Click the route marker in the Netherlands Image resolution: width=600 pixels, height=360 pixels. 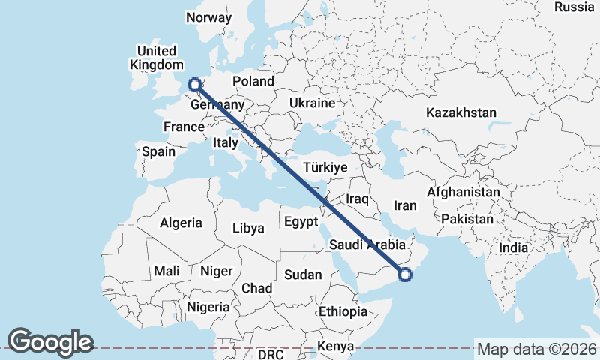click(195, 85)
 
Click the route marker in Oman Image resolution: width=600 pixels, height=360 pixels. click(405, 274)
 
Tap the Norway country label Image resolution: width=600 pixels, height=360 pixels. click(209, 18)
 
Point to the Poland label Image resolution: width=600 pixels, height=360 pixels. click(253, 81)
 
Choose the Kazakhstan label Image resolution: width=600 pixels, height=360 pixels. click(461, 113)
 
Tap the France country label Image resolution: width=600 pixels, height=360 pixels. click(184, 127)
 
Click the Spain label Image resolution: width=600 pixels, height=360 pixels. click(158, 151)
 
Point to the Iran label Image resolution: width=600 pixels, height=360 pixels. click(405, 205)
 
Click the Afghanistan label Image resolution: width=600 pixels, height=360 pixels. click(463, 193)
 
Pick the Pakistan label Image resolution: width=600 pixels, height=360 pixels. click(467, 219)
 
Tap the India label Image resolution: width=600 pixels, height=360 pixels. click(514, 247)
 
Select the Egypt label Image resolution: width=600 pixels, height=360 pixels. click(301, 222)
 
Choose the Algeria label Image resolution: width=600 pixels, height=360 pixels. click(181, 223)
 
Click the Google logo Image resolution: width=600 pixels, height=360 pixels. click(50, 342)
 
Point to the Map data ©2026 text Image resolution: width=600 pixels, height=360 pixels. click(536, 349)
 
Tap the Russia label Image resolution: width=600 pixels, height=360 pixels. click(574, 7)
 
